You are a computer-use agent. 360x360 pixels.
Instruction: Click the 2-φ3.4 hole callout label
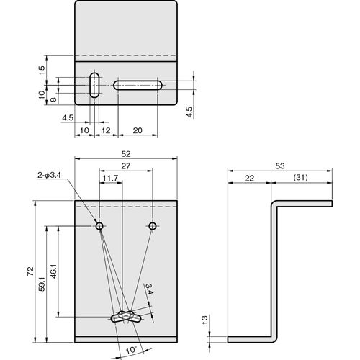(x=49, y=175)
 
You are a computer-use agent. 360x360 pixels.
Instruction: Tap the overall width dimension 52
(x=126, y=154)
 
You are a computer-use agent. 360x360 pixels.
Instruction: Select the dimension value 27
(x=126, y=166)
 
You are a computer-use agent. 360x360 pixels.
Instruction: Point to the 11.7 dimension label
(x=111, y=179)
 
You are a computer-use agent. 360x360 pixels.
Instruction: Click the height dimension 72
(x=31, y=271)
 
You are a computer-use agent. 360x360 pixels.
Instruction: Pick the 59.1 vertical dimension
(x=42, y=284)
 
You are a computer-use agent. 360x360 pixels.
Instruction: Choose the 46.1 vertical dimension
(x=53, y=271)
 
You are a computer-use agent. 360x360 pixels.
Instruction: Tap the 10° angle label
(x=131, y=350)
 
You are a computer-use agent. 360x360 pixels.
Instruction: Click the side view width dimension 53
(x=280, y=166)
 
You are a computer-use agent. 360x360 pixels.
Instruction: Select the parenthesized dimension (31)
(x=301, y=178)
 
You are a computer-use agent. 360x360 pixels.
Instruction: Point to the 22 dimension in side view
(x=249, y=178)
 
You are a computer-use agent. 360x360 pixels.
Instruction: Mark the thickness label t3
(x=204, y=320)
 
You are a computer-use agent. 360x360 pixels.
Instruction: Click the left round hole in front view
(x=99, y=226)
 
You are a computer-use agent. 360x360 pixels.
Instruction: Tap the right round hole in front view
(x=153, y=226)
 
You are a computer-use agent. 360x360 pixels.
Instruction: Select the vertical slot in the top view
(x=94, y=85)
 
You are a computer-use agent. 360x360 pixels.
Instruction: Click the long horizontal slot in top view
(x=138, y=86)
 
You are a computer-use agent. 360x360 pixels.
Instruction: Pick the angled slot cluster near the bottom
(x=126, y=317)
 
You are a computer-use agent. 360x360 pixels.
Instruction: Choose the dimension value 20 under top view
(x=138, y=130)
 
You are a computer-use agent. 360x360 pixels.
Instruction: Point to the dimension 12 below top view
(x=106, y=130)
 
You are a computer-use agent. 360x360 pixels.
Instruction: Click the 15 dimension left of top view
(x=42, y=70)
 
